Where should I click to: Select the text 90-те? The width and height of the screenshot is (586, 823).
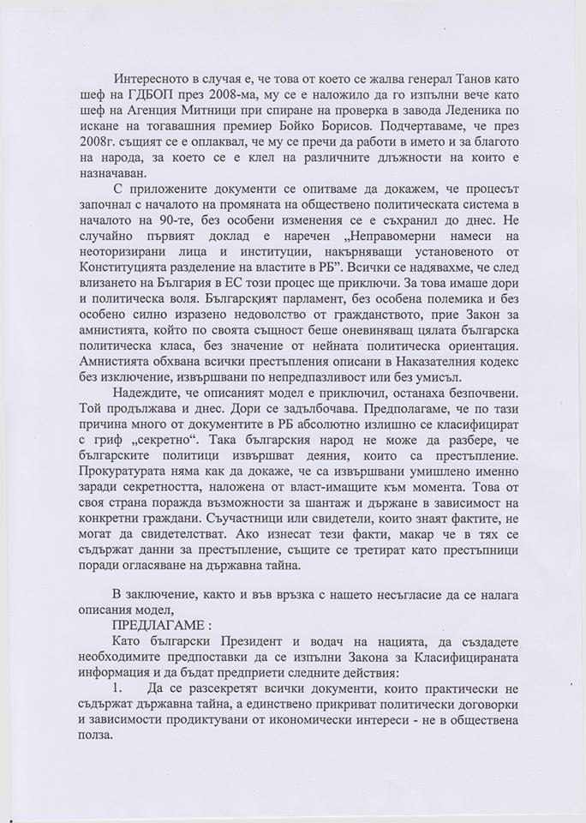(x=152, y=219)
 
